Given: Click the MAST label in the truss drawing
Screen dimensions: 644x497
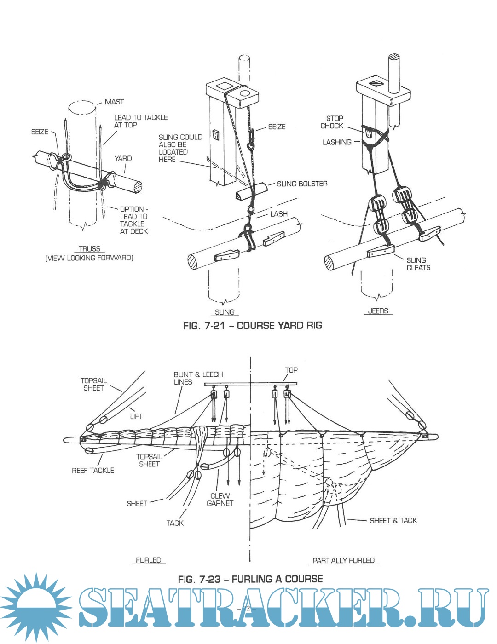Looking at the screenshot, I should click(x=114, y=102).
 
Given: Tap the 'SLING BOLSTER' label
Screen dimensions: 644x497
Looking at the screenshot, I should click(x=302, y=184).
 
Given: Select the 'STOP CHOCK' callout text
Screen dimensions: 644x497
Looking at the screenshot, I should click(x=332, y=122).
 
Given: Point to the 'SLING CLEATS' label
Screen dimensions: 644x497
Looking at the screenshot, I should click(x=418, y=264).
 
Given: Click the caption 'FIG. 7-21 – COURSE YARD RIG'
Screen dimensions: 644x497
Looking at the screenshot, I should click(x=252, y=326).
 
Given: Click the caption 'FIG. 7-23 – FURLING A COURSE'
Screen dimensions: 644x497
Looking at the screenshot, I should click(x=250, y=579).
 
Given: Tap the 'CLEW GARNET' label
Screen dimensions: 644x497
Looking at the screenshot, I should click(x=220, y=500).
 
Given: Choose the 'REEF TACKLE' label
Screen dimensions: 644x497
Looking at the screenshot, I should click(x=93, y=470).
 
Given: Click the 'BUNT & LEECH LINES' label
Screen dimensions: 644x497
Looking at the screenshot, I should click(x=198, y=378).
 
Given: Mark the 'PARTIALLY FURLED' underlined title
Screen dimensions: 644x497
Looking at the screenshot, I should click(x=343, y=560).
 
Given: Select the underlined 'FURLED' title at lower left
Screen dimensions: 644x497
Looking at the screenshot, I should click(x=148, y=560).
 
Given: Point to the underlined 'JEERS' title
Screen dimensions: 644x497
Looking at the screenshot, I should click(x=378, y=311).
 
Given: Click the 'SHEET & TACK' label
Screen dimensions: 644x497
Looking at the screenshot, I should click(x=393, y=520).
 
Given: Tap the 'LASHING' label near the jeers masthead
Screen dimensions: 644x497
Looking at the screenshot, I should click(x=337, y=142).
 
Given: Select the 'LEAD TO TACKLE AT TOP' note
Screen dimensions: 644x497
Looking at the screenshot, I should click(x=140, y=121).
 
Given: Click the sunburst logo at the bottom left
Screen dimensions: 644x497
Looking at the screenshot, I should click(x=35, y=607).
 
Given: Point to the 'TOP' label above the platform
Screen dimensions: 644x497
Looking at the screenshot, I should click(x=291, y=370).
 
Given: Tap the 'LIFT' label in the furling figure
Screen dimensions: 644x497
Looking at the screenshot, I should click(x=136, y=416).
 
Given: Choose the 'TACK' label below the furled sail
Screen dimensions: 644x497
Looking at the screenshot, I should click(x=175, y=523).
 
